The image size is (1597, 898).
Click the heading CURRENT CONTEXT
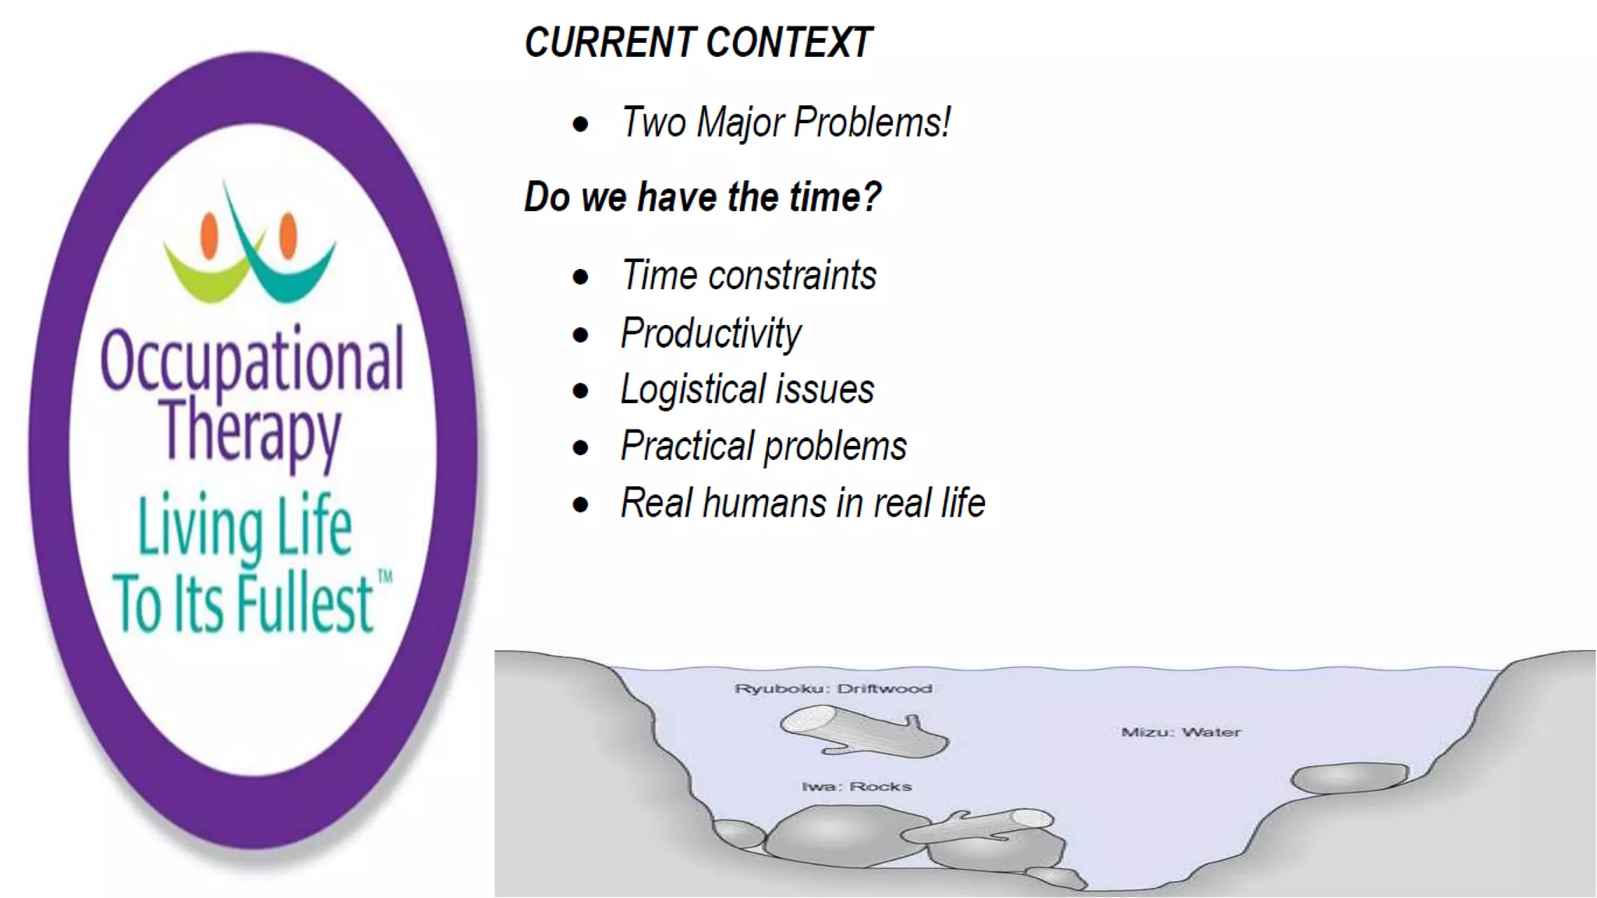click(698, 43)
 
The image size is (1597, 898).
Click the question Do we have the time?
click(702, 196)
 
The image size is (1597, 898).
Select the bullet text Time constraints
click(749, 275)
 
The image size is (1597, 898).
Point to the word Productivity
click(710, 334)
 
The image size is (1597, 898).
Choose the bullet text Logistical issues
click(747, 390)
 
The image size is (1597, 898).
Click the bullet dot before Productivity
click(580, 335)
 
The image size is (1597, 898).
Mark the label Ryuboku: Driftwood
click(833, 689)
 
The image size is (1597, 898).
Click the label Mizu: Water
click(1181, 733)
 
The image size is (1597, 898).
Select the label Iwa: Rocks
click(856, 787)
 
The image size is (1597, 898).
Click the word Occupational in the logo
click(252, 360)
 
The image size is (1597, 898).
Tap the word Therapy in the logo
click(251, 430)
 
